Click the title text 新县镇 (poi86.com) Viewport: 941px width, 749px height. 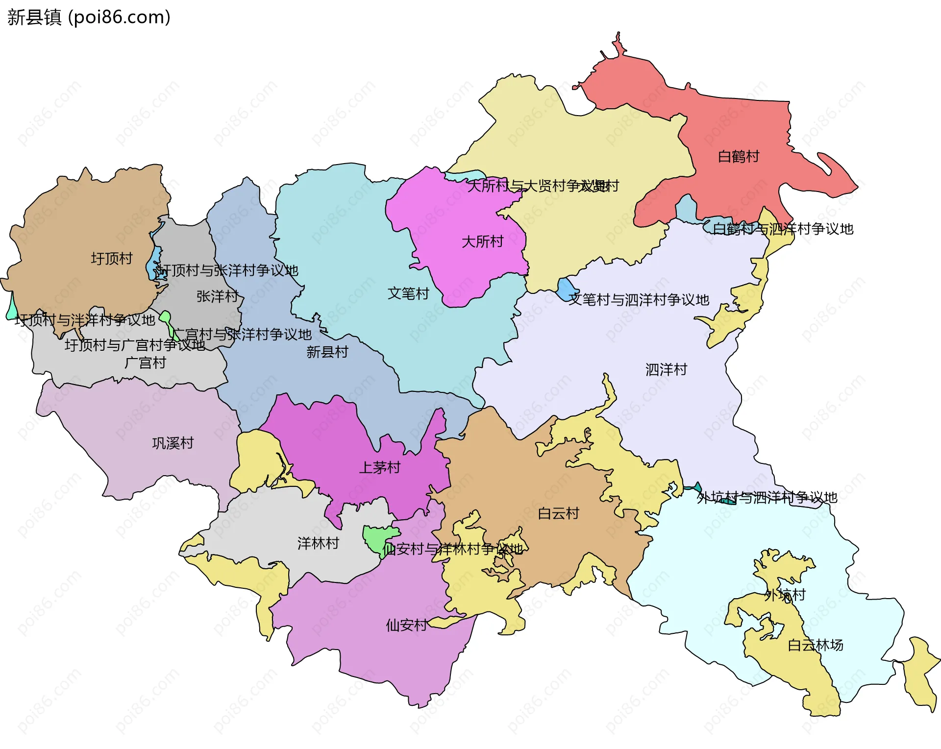(x=89, y=17)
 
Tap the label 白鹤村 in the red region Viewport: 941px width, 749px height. (x=738, y=157)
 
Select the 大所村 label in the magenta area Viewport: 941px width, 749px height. (x=482, y=242)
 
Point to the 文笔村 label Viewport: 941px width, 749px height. (x=408, y=293)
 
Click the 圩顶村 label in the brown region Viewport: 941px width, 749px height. (x=112, y=258)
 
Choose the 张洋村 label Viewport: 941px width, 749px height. (x=217, y=296)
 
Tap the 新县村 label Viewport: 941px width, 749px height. (x=327, y=352)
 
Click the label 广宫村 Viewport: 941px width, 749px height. (x=145, y=363)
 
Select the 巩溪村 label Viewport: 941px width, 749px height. (x=173, y=443)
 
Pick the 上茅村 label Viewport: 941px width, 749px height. (x=380, y=467)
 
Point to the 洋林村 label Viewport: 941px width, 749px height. (x=318, y=543)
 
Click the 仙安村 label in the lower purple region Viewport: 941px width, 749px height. (x=406, y=625)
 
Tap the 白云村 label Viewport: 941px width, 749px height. (x=558, y=513)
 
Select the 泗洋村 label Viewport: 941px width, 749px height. (x=666, y=369)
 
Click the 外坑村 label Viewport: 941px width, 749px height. (x=785, y=595)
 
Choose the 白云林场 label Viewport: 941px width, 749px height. (x=815, y=645)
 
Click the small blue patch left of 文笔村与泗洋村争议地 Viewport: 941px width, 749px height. (x=567, y=290)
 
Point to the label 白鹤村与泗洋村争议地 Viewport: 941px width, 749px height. (x=782, y=229)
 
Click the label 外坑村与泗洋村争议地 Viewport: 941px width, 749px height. (x=767, y=498)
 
